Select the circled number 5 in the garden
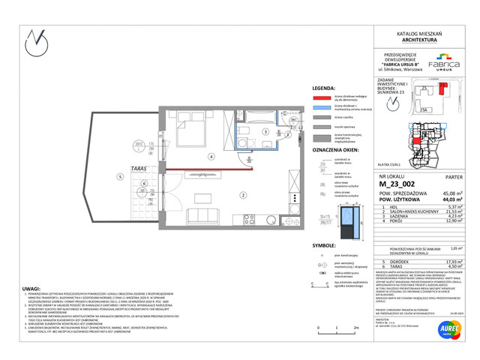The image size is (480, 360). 119,176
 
